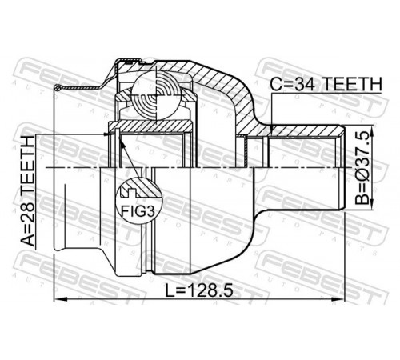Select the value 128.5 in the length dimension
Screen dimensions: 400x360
tap(210, 290)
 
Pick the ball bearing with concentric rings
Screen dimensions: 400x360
tap(156, 96)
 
